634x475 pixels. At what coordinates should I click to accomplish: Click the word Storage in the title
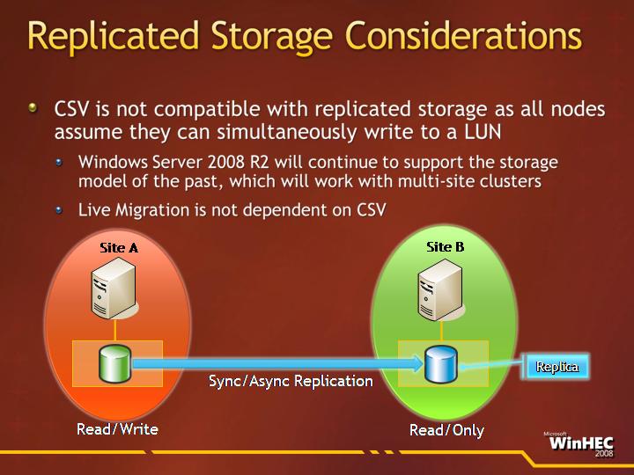click(271, 36)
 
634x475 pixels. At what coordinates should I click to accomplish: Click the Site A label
click(119, 247)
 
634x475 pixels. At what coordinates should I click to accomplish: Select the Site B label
click(446, 247)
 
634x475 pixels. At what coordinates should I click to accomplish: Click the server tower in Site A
click(114, 288)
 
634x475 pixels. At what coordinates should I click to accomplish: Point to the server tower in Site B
click(441, 289)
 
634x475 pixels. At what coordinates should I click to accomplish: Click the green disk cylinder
click(114, 363)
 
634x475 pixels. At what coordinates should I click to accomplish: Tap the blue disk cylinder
click(441, 364)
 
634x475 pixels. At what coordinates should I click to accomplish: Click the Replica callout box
click(557, 366)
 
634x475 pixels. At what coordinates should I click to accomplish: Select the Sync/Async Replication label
click(291, 381)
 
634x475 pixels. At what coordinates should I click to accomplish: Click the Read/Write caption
click(117, 429)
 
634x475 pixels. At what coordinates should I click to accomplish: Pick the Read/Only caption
click(446, 430)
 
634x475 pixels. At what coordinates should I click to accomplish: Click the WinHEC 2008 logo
click(580, 444)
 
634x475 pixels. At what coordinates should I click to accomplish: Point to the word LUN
click(483, 132)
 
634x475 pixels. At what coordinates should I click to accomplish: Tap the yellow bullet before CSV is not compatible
click(33, 108)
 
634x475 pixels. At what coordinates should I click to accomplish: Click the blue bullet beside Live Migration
click(59, 210)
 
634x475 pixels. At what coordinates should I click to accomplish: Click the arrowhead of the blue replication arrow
click(417, 364)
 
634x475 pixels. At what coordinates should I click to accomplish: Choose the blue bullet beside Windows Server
click(59, 163)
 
